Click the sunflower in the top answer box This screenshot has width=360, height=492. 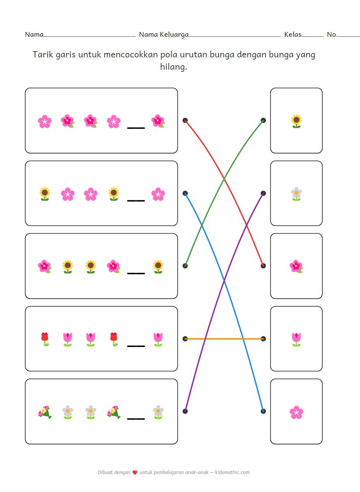(x=296, y=121)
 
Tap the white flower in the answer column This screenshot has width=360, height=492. (x=296, y=194)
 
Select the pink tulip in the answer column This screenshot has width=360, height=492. (x=296, y=339)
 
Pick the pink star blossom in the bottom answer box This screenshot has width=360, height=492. (x=296, y=412)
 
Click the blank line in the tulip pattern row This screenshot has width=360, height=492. (x=136, y=346)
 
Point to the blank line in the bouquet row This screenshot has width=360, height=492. (x=136, y=419)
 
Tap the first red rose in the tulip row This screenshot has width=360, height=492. (x=45, y=339)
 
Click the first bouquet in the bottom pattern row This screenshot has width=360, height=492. (x=45, y=412)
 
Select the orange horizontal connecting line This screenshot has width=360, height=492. (x=224, y=339)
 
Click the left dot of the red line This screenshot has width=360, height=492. (x=185, y=120)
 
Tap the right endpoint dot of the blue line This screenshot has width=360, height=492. (x=263, y=411)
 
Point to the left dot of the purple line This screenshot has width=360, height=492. (x=185, y=411)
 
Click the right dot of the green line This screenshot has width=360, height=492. (x=263, y=120)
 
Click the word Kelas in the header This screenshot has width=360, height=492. (x=293, y=34)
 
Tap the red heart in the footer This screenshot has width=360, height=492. (x=135, y=473)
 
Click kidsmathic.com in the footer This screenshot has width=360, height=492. (x=233, y=472)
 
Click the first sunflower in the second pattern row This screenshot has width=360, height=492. (x=45, y=194)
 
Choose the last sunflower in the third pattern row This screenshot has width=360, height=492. (x=158, y=266)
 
